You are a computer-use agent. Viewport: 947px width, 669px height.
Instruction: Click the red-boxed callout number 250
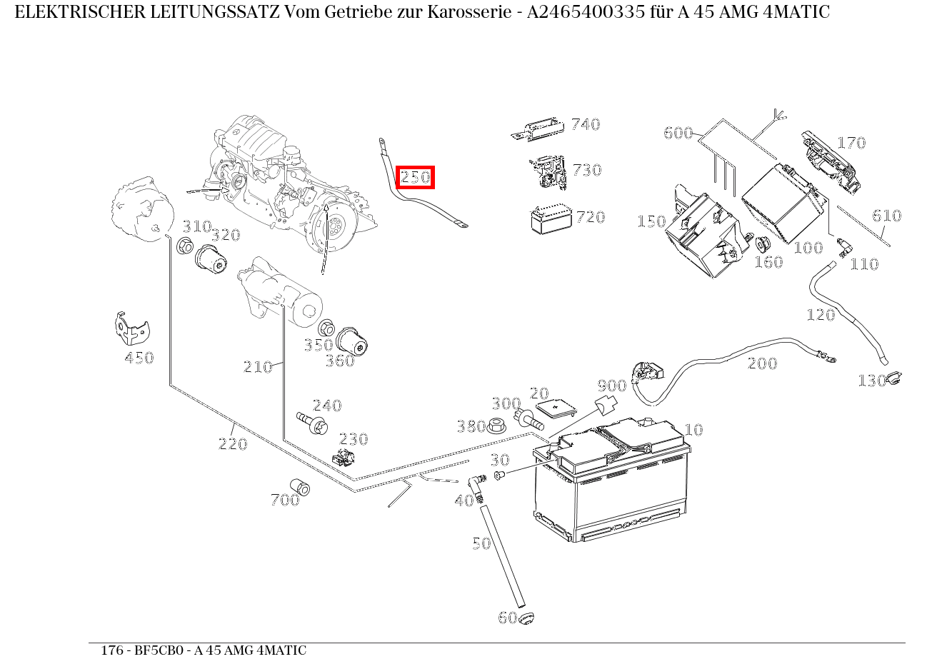(x=416, y=177)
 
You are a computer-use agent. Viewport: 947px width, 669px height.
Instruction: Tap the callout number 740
(x=586, y=124)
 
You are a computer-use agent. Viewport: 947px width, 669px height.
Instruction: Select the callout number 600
(x=678, y=133)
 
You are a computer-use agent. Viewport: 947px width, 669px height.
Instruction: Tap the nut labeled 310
(x=184, y=248)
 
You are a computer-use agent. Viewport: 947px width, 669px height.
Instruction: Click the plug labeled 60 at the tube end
(x=526, y=618)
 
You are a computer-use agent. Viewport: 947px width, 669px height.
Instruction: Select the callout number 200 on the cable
(x=762, y=363)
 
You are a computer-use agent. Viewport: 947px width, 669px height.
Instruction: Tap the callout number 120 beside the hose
(x=820, y=315)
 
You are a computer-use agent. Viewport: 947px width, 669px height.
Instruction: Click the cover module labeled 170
(x=830, y=163)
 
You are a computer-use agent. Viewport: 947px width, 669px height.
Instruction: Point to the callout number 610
(x=886, y=216)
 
